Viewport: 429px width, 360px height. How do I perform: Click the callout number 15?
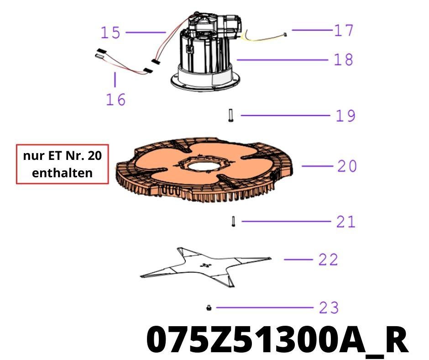(x=110, y=32)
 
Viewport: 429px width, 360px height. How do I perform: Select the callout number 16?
(x=116, y=100)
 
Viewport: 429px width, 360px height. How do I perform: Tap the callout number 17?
(x=344, y=30)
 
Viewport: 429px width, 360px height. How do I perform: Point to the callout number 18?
(x=344, y=60)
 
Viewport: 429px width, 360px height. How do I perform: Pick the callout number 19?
(x=345, y=116)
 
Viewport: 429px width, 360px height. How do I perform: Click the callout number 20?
(x=347, y=166)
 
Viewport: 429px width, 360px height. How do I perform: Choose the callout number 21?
(x=346, y=222)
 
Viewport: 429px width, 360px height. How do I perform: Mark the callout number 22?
(x=328, y=259)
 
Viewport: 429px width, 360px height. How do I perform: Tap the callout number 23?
(x=329, y=307)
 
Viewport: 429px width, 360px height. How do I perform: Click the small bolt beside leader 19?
(x=230, y=115)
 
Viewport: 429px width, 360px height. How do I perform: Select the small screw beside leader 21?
(x=233, y=222)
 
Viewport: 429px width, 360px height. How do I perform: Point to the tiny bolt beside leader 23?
(x=209, y=308)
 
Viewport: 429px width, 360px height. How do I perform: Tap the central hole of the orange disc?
(x=203, y=165)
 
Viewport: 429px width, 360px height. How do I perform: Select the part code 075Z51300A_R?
(x=277, y=340)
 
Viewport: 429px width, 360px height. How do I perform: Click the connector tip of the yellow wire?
(x=285, y=35)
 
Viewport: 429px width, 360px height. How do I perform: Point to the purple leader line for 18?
(x=283, y=60)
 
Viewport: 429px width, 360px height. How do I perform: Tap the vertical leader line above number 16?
(x=115, y=80)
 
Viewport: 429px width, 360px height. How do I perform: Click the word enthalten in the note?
(x=63, y=173)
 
